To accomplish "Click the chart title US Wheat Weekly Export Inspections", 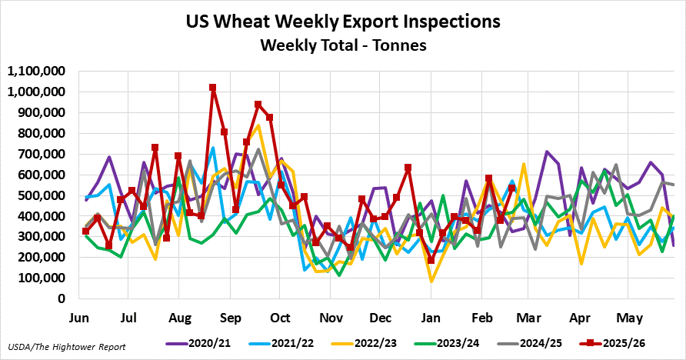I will [x=343, y=21].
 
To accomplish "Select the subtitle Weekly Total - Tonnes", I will [x=343, y=45].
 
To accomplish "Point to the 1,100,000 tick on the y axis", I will [x=36, y=72].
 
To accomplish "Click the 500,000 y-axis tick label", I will [x=43, y=195].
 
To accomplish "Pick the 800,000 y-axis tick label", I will [x=43, y=134].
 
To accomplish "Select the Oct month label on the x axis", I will [x=280, y=317].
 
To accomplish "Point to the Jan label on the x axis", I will [x=431, y=317].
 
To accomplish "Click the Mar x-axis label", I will [x=530, y=317].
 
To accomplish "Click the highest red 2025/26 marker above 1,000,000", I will [x=212, y=88].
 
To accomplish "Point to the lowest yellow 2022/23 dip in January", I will [x=431, y=281].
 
